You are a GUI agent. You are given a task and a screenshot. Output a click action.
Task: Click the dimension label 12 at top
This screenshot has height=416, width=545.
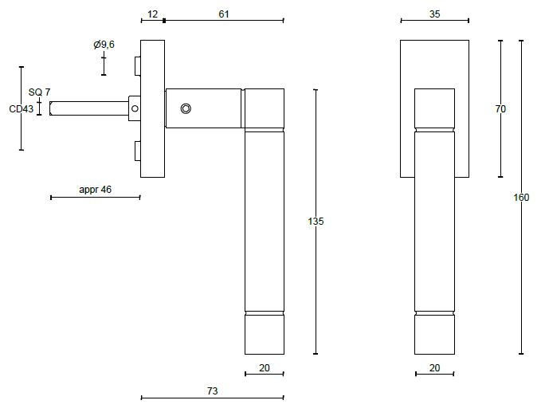pyautogui.click(x=153, y=14)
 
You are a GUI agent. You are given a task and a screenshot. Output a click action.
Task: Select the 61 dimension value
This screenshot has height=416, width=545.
pyautogui.click(x=225, y=14)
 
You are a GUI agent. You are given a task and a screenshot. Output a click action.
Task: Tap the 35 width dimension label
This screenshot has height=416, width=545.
pyautogui.click(x=434, y=14)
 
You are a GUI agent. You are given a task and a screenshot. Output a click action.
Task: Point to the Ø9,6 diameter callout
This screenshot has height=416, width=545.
pyautogui.click(x=104, y=45)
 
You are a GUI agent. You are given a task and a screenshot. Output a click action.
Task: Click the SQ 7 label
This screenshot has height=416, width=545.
pyautogui.click(x=39, y=92)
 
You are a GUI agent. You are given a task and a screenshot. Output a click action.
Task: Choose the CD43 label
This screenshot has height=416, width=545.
pyautogui.click(x=21, y=109)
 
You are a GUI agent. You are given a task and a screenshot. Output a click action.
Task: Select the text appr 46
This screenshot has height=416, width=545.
pyautogui.click(x=95, y=190)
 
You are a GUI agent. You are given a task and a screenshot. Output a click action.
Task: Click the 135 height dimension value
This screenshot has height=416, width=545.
pyautogui.click(x=316, y=221)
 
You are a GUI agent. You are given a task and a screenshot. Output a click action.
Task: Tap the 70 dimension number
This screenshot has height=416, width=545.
pyautogui.click(x=500, y=109)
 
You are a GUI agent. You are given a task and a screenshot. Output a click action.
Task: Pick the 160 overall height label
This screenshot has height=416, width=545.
pyautogui.click(x=521, y=198)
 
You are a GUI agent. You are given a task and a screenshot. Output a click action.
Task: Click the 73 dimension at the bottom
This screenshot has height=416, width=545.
pyautogui.click(x=212, y=391)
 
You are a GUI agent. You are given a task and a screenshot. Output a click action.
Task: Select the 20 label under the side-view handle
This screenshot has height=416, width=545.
pyautogui.click(x=264, y=368)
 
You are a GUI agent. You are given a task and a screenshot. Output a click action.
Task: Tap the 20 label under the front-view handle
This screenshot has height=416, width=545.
pyautogui.click(x=434, y=368)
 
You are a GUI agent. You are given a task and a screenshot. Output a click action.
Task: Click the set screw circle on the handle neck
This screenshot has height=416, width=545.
pyautogui.click(x=186, y=108)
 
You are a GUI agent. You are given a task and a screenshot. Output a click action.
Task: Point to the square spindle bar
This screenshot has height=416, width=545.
pyautogui.click(x=88, y=108)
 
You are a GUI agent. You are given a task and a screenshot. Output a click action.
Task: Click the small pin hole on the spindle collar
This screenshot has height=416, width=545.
pyautogui.click(x=135, y=108)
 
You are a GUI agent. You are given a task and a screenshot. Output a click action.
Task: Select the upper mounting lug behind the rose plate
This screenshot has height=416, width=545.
pyautogui.click(x=137, y=64)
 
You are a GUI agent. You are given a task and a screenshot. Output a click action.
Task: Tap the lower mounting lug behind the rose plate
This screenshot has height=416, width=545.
pyautogui.click(x=137, y=151)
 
